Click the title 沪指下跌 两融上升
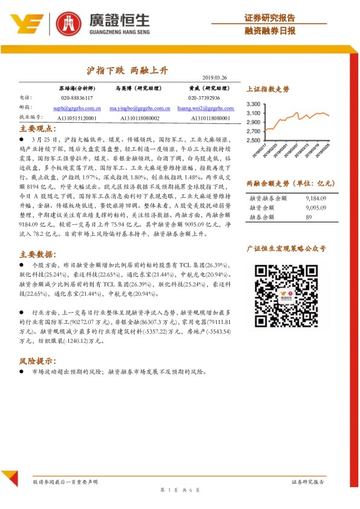(x=128, y=70)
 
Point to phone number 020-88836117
(x=77, y=97)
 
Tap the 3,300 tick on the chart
(x=254, y=104)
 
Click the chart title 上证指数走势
(x=268, y=89)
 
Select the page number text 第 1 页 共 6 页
(x=180, y=490)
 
